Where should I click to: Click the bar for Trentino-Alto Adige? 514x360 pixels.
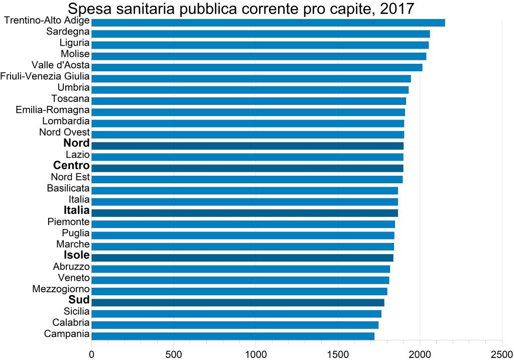tap(268, 23)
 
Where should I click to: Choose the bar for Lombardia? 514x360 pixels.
tap(247, 123)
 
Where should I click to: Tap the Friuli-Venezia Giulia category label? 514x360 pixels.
tap(45, 76)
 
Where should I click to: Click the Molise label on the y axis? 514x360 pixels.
tap(75, 54)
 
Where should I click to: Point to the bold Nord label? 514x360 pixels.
tap(76, 144)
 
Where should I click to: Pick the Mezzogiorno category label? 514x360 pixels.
tap(61, 289)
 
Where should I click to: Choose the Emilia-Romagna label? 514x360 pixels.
tap(53, 109)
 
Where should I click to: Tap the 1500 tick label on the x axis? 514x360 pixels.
tap(338, 353)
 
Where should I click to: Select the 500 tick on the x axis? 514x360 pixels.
tap(174, 353)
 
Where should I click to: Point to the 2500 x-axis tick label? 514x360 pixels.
tap(502, 353)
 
